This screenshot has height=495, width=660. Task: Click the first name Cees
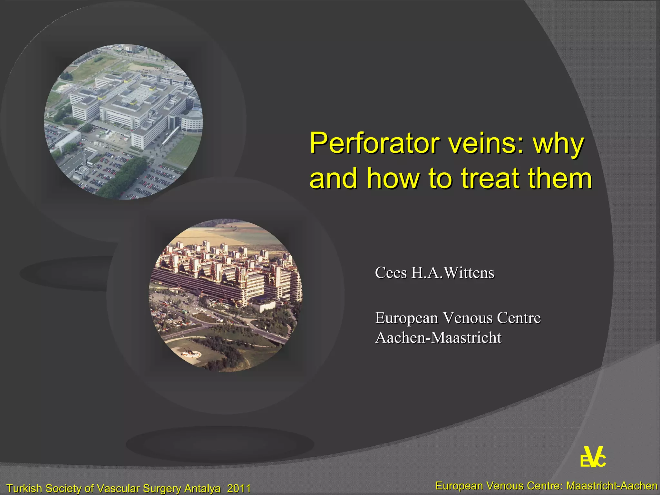(x=391, y=273)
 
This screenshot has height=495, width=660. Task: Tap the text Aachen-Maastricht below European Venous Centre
(x=438, y=338)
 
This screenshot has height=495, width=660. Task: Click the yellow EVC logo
(x=593, y=458)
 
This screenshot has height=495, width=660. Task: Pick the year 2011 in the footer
(x=239, y=488)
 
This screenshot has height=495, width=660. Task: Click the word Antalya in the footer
(x=202, y=488)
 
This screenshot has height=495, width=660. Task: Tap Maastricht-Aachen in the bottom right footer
(x=612, y=485)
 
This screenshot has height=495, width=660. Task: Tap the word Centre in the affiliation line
(x=519, y=318)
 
